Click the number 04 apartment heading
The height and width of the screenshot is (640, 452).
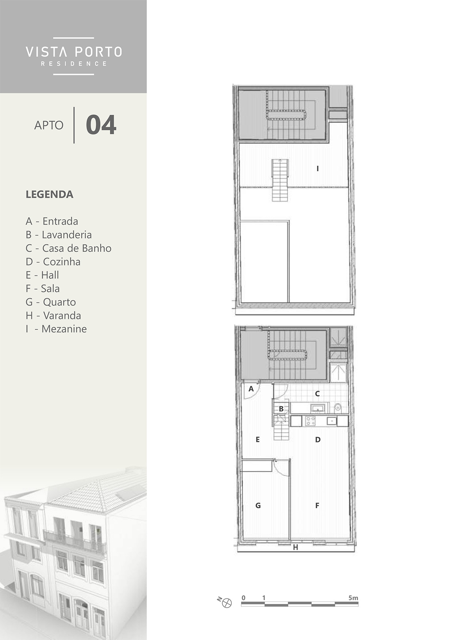[101, 125]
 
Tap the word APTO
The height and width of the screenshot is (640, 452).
[49, 125]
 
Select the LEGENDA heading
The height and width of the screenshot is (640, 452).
[49, 195]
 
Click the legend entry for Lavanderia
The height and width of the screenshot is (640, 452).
[59, 235]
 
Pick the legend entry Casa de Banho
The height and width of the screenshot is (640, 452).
[68, 248]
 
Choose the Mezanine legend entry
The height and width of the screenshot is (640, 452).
[56, 329]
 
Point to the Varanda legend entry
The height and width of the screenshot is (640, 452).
[53, 316]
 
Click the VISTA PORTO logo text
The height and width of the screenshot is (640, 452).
[74, 52]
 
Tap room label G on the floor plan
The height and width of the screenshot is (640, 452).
[258, 506]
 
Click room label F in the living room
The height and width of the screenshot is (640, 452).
[317, 506]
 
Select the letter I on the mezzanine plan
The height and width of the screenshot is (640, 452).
[318, 169]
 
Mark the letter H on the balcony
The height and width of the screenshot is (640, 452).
[295, 547]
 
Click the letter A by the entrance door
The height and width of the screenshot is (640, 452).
[251, 389]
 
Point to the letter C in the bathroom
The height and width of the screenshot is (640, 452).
[317, 394]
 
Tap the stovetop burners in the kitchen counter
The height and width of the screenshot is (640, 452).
[310, 421]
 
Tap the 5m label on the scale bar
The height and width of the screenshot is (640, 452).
[353, 598]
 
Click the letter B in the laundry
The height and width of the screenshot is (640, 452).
[281, 409]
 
